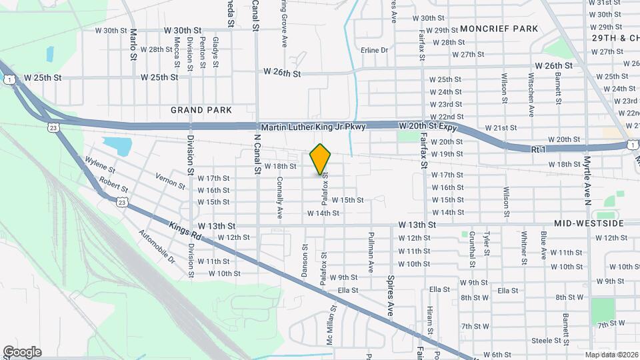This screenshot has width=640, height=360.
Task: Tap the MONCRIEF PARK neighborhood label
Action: [499, 29]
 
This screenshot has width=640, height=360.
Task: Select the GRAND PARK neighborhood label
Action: [201, 110]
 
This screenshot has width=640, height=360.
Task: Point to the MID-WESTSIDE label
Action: [588, 223]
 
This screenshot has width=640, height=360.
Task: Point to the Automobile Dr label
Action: [156, 246]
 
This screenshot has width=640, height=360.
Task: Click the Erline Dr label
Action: [374, 50]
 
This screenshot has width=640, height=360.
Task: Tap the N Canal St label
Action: [257, 155]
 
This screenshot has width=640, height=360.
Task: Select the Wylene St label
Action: [100, 165]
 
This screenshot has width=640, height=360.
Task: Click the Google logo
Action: [22, 352]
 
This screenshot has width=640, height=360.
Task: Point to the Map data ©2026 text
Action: [611, 355]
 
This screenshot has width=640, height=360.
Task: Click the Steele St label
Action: [546, 340]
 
